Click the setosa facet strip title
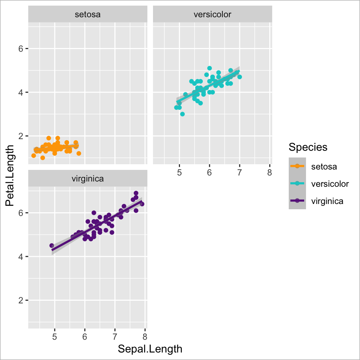[x=87, y=15]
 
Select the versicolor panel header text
[x=212, y=15]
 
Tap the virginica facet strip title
[x=87, y=178]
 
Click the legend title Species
[x=308, y=147]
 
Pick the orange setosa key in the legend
[x=297, y=166]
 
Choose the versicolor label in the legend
[x=330, y=184]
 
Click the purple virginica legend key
[x=297, y=201]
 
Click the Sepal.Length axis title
[x=150, y=349]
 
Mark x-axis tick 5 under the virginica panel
[x=55, y=336]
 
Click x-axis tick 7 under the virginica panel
[x=115, y=336]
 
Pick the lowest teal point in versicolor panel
[x=182, y=114]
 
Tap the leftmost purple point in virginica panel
[x=52, y=246]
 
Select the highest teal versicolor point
[x=210, y=68]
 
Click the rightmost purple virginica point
[x=142, y=204]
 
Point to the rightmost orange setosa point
[x=79, y=153]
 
